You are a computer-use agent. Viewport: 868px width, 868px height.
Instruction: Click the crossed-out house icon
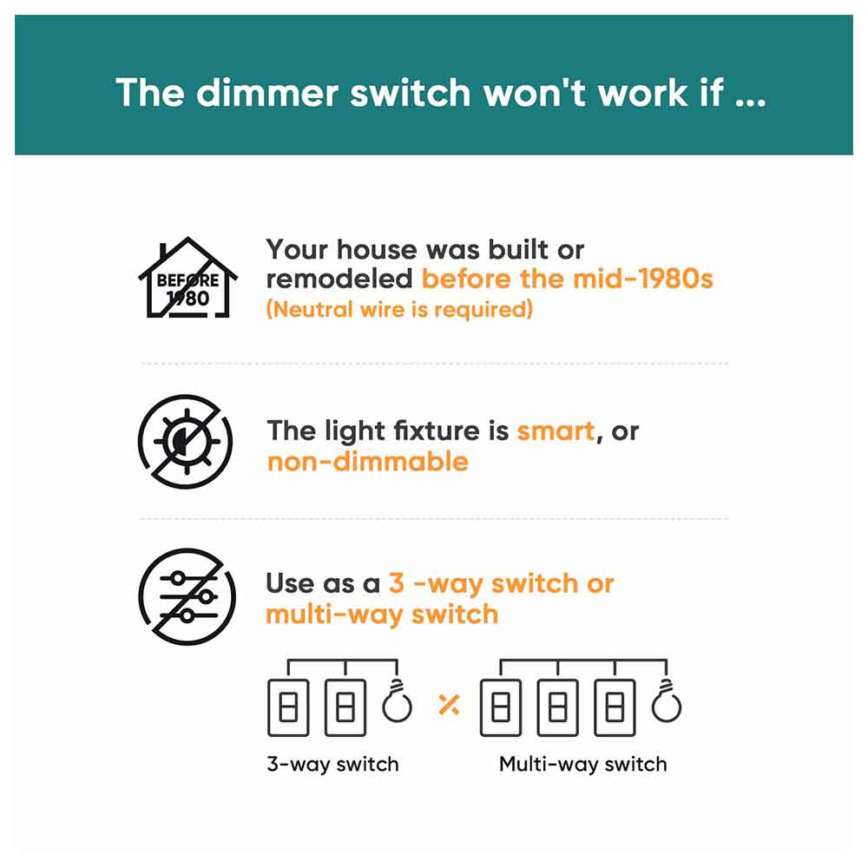(187, 279)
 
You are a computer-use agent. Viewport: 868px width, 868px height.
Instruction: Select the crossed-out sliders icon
(185, 597)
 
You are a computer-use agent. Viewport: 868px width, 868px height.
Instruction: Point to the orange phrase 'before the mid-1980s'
(567, 279)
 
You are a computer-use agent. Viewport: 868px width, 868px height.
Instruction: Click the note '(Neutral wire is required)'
(399, 309)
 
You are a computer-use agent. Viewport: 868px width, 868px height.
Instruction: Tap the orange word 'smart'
(556, 431)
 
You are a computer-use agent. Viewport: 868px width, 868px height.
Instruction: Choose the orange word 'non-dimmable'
(367, 461)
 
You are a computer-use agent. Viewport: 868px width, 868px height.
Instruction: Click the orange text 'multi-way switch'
(382, 615)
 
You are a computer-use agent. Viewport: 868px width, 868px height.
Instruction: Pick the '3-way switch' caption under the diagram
(332, 765)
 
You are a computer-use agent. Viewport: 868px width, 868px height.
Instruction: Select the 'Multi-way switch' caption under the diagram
(582, 765)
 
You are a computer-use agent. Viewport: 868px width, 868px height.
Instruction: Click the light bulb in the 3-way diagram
(398, 704)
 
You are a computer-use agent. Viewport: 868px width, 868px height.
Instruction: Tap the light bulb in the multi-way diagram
(667, 704)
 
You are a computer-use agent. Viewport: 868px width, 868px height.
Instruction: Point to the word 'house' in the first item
(377, 250)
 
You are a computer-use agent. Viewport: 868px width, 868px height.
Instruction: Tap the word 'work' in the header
(628, 93)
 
